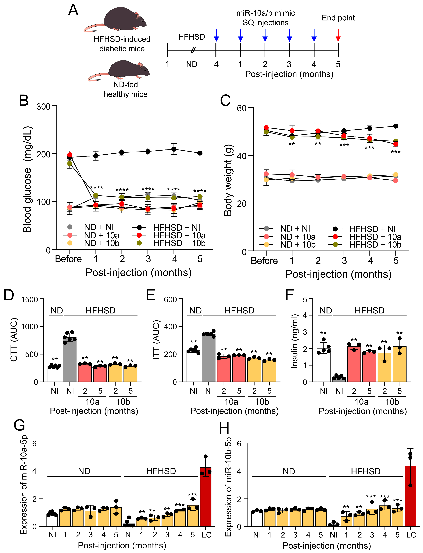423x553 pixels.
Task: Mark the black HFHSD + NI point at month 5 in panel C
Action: pyautogui.click(x=396, y=126)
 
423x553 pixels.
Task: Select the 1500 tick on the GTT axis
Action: pyautogui.click(x=29, y=300)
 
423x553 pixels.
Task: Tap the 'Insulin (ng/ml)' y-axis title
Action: pyautogui.click(x=295, y=341)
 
